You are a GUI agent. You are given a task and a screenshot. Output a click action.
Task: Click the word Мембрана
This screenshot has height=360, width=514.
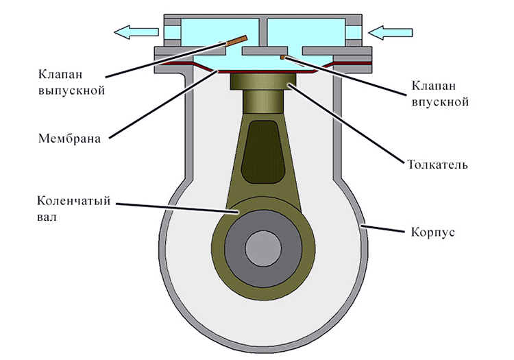(69, 139)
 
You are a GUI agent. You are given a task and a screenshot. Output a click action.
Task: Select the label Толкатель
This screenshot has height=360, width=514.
(437, 164)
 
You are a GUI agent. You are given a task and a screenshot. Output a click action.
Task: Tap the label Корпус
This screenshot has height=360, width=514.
(433, 232)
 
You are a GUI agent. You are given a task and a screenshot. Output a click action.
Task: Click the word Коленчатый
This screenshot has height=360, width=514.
(74, 201)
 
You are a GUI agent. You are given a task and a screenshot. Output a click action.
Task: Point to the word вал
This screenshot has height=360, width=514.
(47, 217)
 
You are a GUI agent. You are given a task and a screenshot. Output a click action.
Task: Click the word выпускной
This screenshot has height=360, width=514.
(71, 90)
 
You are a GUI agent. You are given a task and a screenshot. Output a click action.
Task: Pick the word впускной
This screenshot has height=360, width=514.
(440, 101)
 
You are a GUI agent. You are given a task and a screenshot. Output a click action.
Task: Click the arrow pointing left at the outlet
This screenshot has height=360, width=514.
(136, 32)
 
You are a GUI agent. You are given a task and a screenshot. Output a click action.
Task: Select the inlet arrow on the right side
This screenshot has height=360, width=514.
(390, 32)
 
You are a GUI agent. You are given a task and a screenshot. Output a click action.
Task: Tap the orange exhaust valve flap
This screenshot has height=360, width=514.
(236, 40)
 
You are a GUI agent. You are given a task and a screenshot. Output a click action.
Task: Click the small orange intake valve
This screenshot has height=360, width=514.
(284, 58)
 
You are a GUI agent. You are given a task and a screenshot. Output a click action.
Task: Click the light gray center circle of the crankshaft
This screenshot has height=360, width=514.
(263, 248)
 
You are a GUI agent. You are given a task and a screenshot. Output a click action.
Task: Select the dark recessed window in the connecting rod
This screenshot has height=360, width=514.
(262, 152)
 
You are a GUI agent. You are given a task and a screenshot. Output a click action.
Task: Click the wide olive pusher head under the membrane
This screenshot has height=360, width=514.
(263, 81)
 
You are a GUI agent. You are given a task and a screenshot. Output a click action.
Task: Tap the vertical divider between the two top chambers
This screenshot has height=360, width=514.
(263, 32)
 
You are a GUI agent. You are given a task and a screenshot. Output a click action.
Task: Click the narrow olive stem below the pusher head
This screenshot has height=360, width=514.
(263, 101)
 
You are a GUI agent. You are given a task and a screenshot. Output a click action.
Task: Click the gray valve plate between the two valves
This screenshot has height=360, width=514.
(265, 51)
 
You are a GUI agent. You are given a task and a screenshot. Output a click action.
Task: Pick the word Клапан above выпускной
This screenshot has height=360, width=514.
(60, 75)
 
